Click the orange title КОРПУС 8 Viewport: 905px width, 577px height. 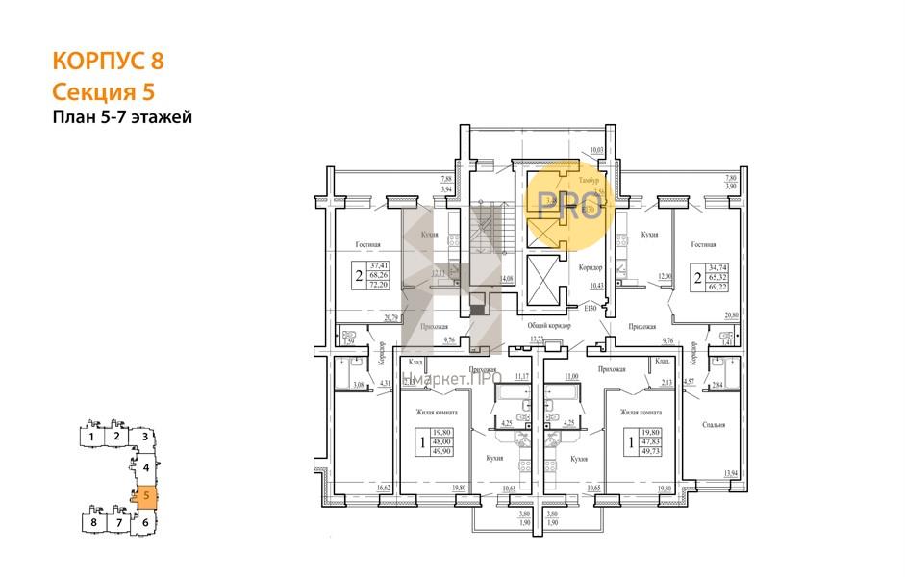[108, 61]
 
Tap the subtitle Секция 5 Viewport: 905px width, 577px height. [102, 91]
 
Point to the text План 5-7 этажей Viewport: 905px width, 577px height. [122, 118]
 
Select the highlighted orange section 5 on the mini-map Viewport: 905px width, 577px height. [145, 497]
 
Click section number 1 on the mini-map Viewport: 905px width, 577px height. [90, 437]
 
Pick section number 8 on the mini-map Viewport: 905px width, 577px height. [92, 523]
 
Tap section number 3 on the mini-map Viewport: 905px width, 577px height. [144, 437]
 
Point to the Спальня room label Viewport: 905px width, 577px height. [713, 424]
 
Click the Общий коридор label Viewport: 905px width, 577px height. [549, 327]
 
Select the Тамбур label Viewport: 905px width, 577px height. [588, 180]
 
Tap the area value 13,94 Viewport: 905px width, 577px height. [731, 473]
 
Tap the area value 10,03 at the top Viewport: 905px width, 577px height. [596, 150]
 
